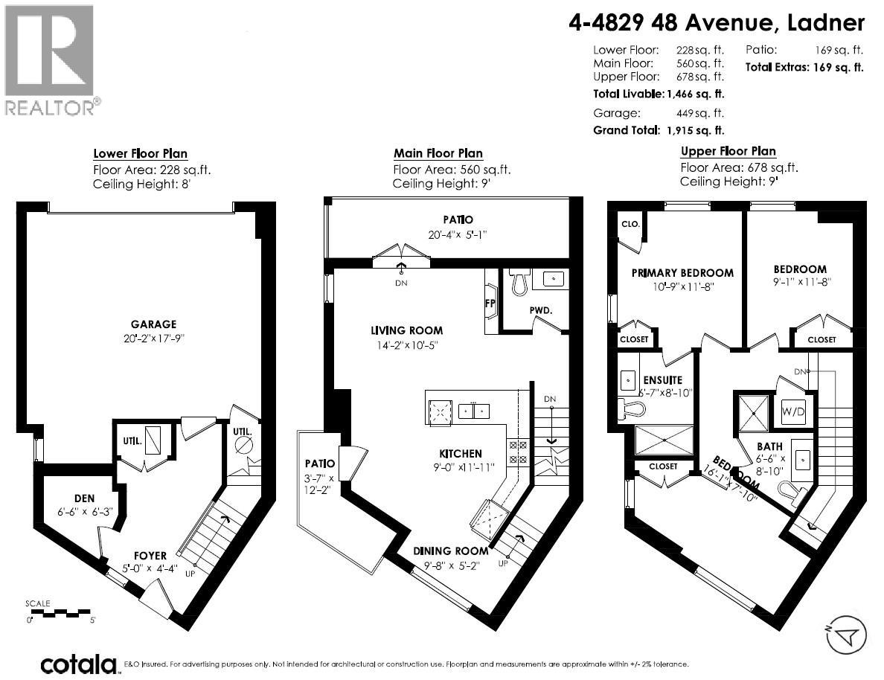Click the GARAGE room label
pyautogui.click(x=154, y=324)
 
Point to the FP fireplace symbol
pyautogui.click(x=490, y=304)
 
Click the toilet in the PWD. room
pyautogui.click(x=520, y=280)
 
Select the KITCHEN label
pyautogui.click(x=460, y=453)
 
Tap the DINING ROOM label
pyautogui.click(x=451, y=551)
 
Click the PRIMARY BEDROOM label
pyautogui.click(x=682, y=273)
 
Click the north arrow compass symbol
pyautogui.click(x=846, y=635)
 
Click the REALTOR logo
pyautogui.click(x=50, y=60)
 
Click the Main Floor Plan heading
pyautogui.click(x=438, y=154)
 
